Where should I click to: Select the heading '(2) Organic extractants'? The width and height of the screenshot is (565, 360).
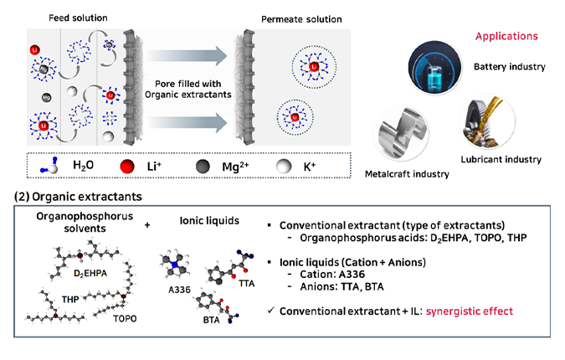(77, 197)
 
